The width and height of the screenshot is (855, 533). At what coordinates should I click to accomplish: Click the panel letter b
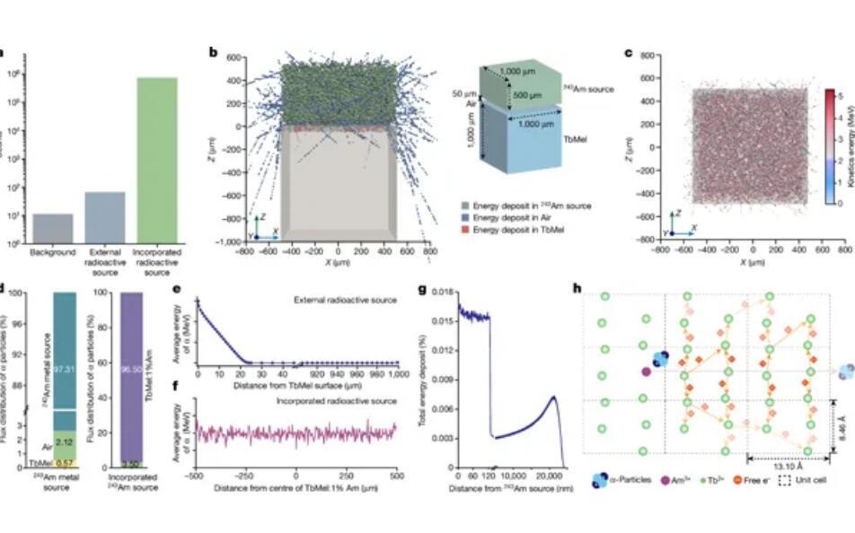pos(214,52)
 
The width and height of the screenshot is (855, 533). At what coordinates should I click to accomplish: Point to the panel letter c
pos(628,52)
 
